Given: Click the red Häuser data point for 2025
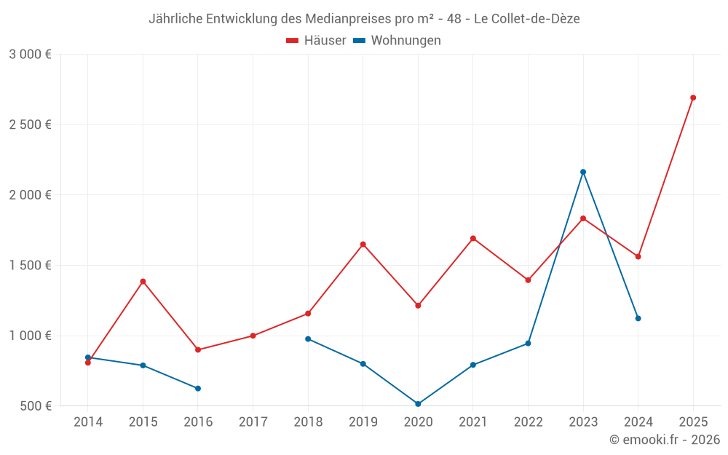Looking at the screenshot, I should tap(693, 98).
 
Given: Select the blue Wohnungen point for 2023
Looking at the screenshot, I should tap(583, 172).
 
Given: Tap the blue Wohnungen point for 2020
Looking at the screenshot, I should tap(418, 404).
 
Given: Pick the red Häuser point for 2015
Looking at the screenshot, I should tap(143, 281).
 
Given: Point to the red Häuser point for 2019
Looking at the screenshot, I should tap(363, 244).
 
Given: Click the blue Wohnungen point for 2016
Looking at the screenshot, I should tap(198, 388).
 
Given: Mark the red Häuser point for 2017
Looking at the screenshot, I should tap(253, 336).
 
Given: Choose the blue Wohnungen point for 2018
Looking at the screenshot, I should tap(308, 339).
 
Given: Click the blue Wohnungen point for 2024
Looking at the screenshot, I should tap(638, 318).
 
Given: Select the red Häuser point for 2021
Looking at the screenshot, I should tap(473, 238).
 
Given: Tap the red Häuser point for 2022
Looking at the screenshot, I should tap(528, 280).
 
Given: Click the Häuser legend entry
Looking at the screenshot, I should tap(316, 41).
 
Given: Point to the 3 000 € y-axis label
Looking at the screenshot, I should tap(30, 55).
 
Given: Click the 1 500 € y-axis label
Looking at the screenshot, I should tap(30, 265).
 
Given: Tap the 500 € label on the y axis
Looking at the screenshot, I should tap(34, 405).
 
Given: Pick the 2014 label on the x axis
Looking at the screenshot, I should tap(88, 422).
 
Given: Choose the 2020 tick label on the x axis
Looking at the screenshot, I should tap(418, 422).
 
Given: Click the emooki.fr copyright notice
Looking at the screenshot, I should tap(664, 440).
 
